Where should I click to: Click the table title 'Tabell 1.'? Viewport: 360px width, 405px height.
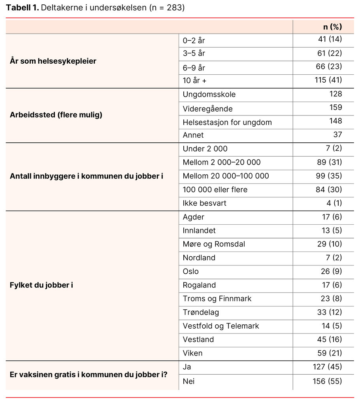(22, 8)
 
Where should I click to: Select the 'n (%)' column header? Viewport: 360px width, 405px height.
(332, 27)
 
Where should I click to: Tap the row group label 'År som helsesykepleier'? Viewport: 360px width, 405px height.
(53, 61)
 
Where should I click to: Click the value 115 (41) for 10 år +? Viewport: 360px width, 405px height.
(328, 80)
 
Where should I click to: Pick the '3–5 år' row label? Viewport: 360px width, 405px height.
(194, 53)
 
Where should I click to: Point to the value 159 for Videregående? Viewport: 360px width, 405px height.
(335, 108)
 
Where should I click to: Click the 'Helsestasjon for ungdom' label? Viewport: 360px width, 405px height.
(227, 122)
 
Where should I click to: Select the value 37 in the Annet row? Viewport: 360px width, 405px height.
(337, 135)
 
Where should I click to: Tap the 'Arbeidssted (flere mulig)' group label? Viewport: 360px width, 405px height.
(56, 115)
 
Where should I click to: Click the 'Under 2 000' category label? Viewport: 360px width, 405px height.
(205, 149)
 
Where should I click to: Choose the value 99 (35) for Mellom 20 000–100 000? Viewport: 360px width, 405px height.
(329, 176)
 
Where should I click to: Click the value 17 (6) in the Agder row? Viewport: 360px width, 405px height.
(332, 217)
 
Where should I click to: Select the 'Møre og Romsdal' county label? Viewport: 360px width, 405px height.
(213, 244)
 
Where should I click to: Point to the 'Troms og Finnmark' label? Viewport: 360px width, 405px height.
(217, 299)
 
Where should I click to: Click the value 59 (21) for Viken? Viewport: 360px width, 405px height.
(329, 353)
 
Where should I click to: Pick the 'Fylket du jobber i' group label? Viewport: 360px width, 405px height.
(41, 285)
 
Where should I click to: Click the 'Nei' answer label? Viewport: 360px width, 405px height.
(188, 382)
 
